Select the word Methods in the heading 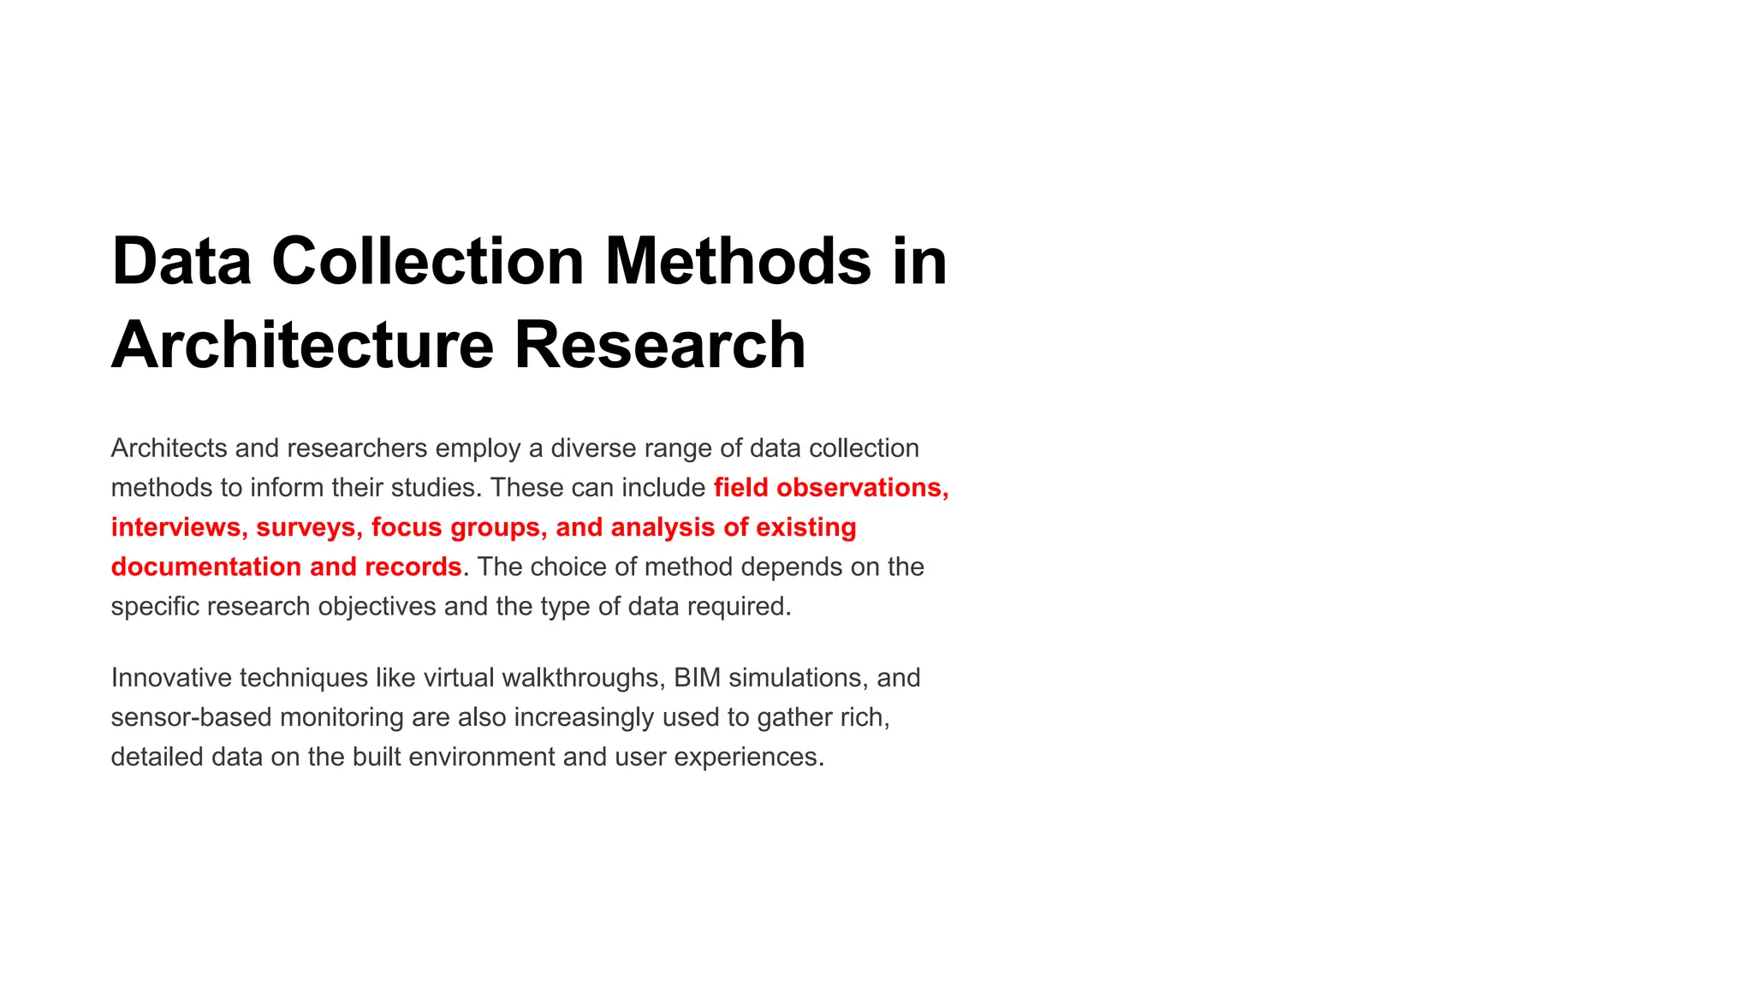click(x=738, y=261)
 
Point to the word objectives click(x=377, y=606)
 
